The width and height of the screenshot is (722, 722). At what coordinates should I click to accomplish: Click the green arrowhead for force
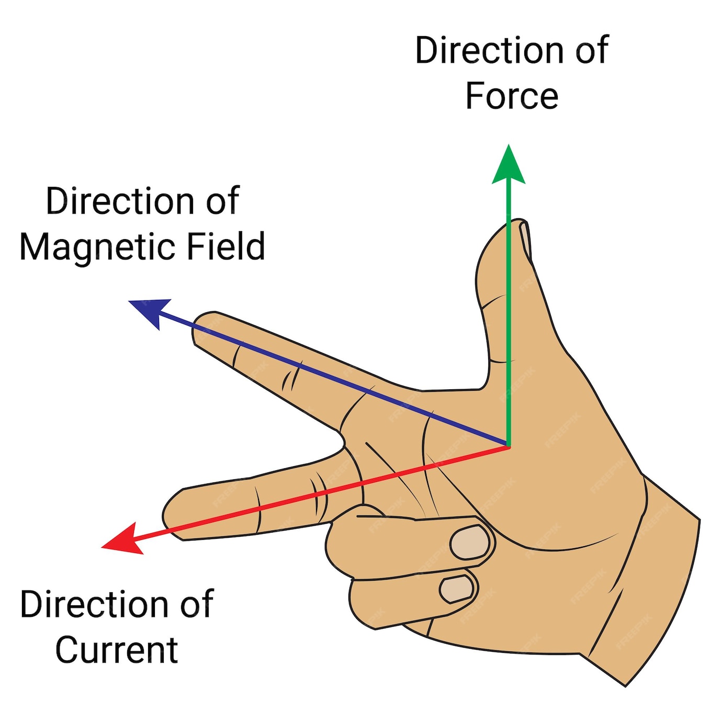508,166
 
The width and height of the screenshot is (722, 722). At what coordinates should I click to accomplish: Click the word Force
512,96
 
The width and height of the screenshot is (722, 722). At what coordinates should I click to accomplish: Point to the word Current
117,650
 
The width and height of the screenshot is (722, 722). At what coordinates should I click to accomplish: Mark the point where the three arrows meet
508,446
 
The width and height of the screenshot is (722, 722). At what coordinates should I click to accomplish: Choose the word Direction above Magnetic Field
120,201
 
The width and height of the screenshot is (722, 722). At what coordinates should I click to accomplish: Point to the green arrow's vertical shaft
508,314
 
